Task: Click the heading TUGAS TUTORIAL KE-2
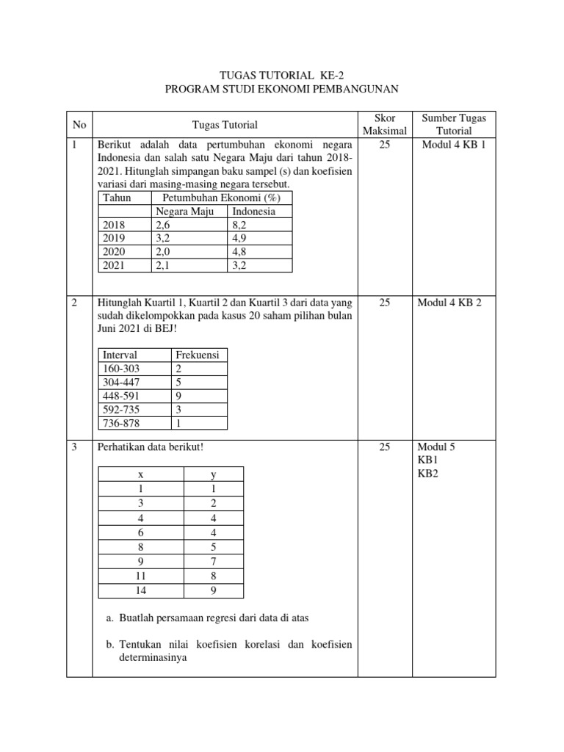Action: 281,76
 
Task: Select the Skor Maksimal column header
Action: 384,124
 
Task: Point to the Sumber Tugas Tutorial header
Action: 454,124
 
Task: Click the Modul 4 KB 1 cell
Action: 454,145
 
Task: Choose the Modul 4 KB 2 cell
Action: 454,303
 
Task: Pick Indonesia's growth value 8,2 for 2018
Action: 242,225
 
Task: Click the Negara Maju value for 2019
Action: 163,239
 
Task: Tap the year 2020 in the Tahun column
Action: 115,252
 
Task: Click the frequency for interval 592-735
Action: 179,409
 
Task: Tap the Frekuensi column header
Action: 198,355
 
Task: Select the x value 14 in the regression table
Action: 140,590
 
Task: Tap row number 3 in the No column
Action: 75,446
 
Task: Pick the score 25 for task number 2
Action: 384,303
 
